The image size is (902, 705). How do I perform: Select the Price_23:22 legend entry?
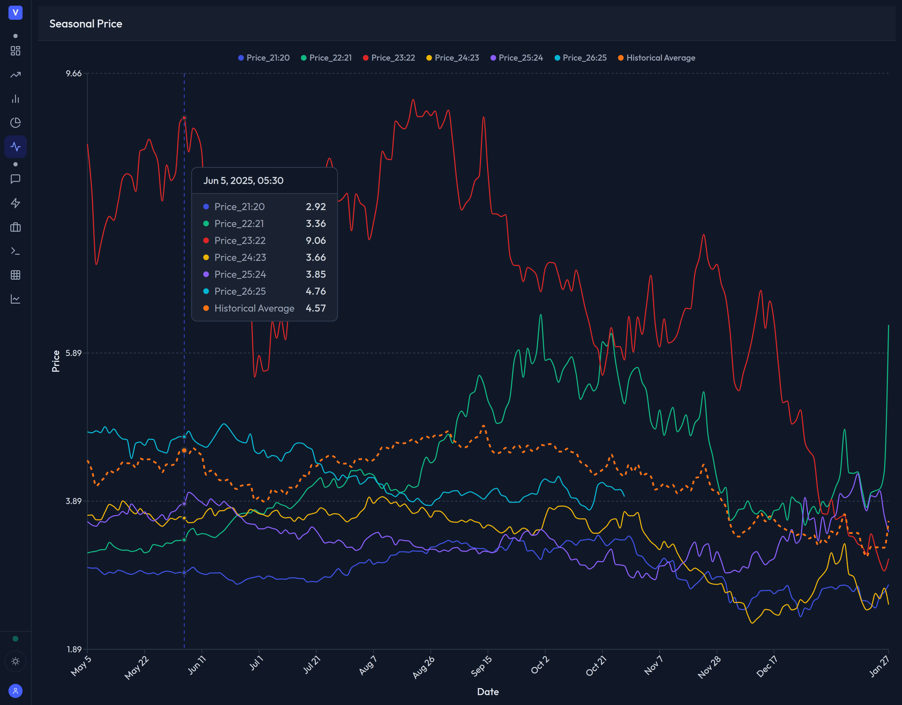click(x=389, y=58)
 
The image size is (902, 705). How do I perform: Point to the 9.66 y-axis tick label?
click(x=74, y=74)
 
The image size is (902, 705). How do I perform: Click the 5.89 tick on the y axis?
click(x=74, y=353)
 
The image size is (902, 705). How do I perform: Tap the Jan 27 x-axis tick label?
click(x=879, y=666)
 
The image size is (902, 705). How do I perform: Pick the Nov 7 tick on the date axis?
click(x=653, y=665)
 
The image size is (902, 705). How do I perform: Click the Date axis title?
click(x=488, y=692)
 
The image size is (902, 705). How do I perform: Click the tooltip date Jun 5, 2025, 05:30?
click(x=243, y=180)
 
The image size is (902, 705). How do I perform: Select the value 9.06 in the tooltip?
click(x=315, y=240)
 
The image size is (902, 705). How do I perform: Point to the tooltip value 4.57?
click(x=315, y=308)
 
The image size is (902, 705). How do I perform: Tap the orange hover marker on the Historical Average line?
click(x=184, y=450)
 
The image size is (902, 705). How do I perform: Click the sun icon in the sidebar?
click(x=15, y=662)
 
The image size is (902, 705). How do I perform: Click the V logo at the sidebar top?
click(x=15, y=12)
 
